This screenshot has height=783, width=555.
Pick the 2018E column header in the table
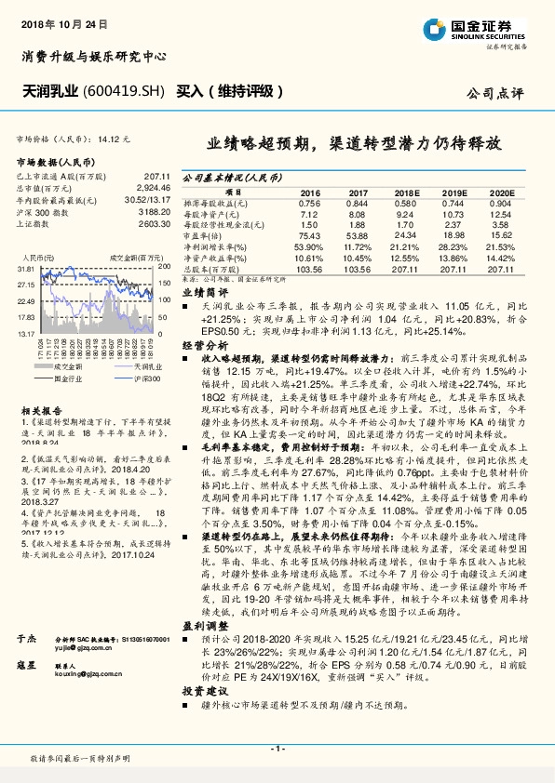(x=403, y=192)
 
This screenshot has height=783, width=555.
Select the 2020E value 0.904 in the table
(x=500, y=202)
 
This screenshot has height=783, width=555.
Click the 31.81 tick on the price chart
(x=25, y=268)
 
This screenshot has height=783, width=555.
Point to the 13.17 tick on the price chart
(x=25, y=333)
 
